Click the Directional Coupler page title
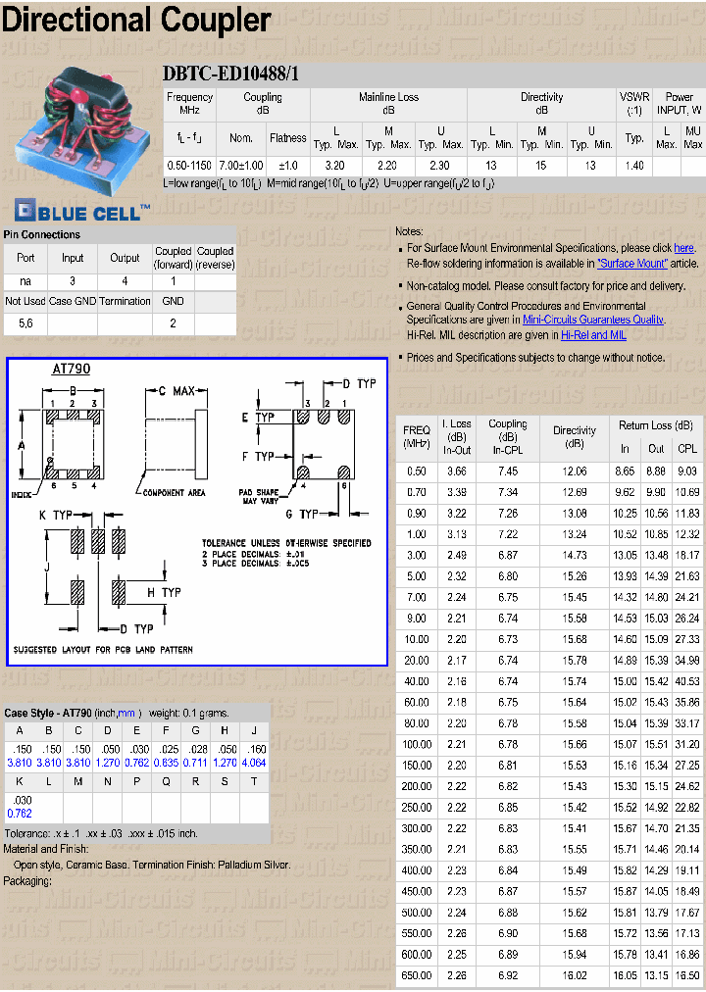click(x=136, y=21)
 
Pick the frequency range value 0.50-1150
click(x=189, y=166)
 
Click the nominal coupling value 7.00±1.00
click(x=240, y=166)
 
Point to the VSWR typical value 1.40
click(x=634, y=166)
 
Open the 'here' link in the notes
click(x=683, y=249)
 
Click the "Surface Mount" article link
click(x=632, y=263)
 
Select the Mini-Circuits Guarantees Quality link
click(x=593, y=320)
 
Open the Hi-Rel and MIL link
click(x=593, y=334)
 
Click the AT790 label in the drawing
click(x=71, y=370)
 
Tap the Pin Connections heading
click(x=42, y=234)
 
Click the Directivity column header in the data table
click(x=574, y=436)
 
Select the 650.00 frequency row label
click(x=417, y=975)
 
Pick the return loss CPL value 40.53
click(x=687, y=681)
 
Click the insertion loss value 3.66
click(x=457, y=471)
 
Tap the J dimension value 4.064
click(x=253, y=762)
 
